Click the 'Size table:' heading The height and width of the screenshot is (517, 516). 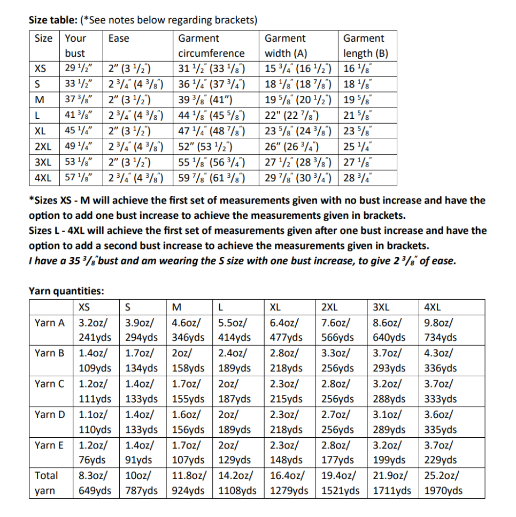pyautogui.click(x=52, y=21)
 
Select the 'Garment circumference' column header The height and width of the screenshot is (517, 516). pyautogui.click(x=211, y=45)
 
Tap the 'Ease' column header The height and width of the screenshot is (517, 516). pyautogui.click(x=118, y=39)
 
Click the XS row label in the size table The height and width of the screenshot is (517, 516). pyautogui.click(x=40, y=69)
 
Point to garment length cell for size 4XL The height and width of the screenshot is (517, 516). pyautogui.click(x=358, y=178)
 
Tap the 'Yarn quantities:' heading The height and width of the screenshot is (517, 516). pyautogui.click(x=66, y=291)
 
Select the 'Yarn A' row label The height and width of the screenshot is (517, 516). pyautogui.click(x=49, y=322)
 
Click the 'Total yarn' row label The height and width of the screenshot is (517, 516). pyautogui.click(x=47, y=483)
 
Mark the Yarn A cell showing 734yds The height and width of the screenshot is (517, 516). pyautogui.click(x=440, y=338)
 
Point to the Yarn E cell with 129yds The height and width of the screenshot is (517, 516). pyautogui.click(x=235, y=460)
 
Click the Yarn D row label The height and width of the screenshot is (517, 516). pyautogui.click(x=49, y=414)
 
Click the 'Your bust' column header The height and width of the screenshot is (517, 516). pyautogui.click(x=75, y=45)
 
